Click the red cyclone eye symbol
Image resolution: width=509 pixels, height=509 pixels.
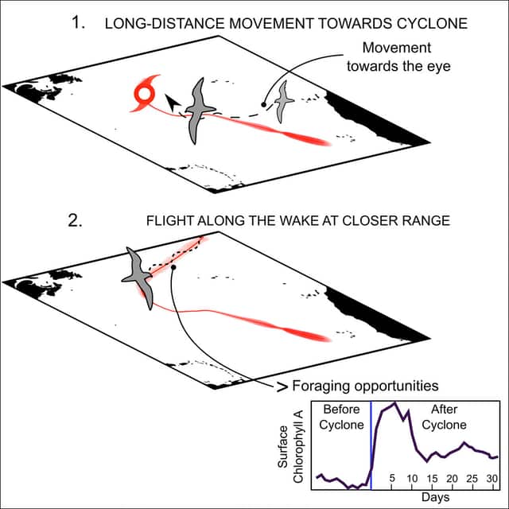point(143,95)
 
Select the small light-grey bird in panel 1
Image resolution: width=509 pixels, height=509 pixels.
point(283,101)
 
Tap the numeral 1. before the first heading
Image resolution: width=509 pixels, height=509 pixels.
point(78,23)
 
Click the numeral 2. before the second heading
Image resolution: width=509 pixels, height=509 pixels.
point(75,221)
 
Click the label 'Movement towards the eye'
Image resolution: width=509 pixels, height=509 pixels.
point(398,56)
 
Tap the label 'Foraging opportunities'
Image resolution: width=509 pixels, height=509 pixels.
point(365,386)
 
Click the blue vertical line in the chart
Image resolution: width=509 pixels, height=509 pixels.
point(371,445)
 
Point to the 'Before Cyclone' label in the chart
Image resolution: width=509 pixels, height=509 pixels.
point(341,417)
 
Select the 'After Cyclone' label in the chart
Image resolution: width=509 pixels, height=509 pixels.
point(444,417)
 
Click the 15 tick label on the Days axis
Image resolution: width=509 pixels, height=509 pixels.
point(432,479)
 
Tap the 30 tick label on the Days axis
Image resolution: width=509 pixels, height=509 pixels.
point(492,479)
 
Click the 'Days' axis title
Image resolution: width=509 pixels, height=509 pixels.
point(435,497)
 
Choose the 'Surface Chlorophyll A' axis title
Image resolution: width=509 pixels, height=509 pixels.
point(289,447)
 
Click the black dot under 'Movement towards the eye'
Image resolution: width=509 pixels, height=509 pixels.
point(263,104)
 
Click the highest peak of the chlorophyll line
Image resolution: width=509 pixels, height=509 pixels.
point(394,403)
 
